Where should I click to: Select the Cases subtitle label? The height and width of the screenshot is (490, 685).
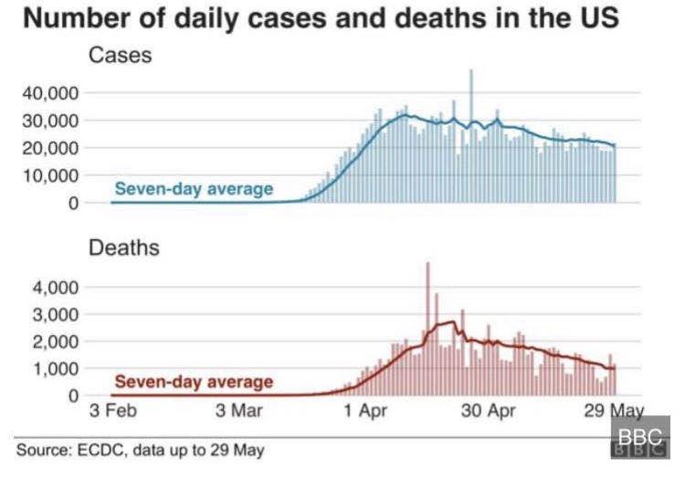tap(120, 57)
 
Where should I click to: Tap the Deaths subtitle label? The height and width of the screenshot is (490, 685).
tap(123, 248)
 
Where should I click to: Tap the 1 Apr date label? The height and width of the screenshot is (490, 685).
tap(364, 410)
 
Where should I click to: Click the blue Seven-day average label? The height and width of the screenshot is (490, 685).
tap(193, 189)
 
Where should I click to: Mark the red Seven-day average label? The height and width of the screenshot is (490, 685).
tap(194, 381)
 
